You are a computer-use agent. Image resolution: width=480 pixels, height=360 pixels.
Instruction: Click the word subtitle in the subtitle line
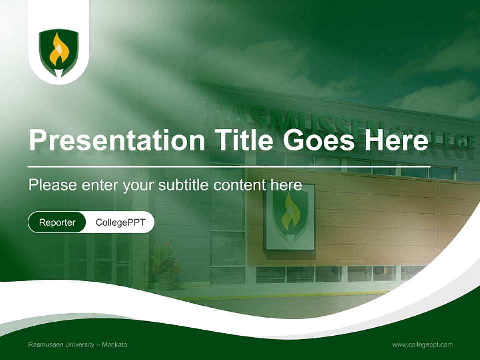185,185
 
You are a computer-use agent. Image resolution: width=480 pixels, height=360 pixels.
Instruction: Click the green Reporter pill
57,222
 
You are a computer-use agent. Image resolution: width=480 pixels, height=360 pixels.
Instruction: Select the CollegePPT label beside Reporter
120,222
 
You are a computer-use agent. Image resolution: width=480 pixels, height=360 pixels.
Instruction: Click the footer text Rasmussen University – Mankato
78,345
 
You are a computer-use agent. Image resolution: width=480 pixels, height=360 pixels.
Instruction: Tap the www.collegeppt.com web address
422,345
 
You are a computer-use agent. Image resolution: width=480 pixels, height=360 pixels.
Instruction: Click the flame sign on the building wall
290,216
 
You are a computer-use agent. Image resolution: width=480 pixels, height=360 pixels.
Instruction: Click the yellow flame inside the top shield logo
59,51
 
